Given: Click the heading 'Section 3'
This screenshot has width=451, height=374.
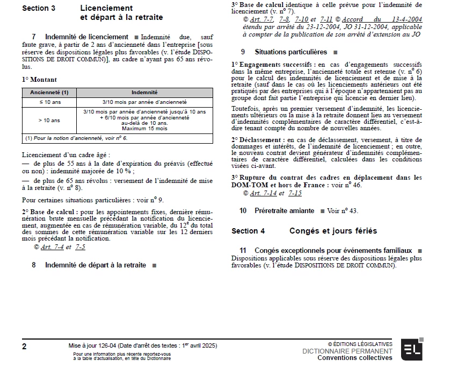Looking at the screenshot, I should point(39,9).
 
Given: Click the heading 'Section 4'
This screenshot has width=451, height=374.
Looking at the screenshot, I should point(248,231).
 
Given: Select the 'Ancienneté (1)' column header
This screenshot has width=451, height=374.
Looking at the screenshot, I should point(49,93).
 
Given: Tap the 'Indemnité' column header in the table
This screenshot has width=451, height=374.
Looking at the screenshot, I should point(144,93).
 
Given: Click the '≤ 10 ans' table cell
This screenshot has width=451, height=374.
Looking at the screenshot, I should point(49,102).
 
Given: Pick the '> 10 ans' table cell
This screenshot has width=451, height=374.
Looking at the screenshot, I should point(49,121).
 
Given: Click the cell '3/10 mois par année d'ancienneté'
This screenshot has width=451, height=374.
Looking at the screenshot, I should point(144,102).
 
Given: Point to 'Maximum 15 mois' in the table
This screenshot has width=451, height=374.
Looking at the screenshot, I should point(144,129).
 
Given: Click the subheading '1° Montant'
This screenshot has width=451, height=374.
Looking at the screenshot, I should point(40,79).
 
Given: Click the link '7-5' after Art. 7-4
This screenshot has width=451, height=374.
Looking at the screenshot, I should point(81,247).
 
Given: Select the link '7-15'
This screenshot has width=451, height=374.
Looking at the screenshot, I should point(295,193).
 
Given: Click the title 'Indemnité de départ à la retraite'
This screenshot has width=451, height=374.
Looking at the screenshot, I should point(96,265).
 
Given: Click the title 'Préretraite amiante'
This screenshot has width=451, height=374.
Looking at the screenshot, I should point(284,210).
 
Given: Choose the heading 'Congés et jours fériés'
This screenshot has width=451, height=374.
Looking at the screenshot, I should point(333,231).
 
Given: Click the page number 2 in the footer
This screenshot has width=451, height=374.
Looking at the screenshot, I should point(24,347).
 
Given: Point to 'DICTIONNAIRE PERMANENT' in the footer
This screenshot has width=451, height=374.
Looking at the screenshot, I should point(347,351).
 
